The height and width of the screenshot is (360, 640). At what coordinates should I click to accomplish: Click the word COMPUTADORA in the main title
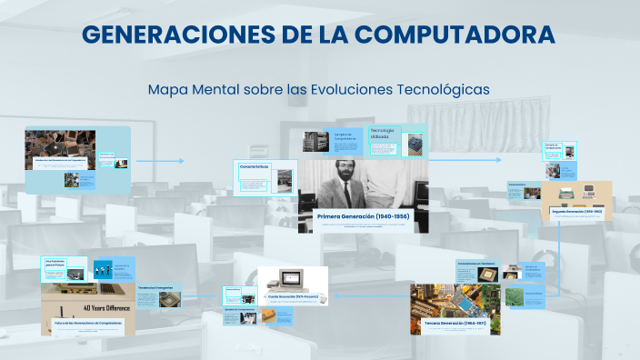click(455, 35)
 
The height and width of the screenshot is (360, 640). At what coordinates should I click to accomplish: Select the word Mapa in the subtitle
click(166, 89)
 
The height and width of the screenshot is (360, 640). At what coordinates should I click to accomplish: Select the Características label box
click(255, 168)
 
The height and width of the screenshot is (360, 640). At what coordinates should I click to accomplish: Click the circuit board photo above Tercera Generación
click(454, 300)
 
